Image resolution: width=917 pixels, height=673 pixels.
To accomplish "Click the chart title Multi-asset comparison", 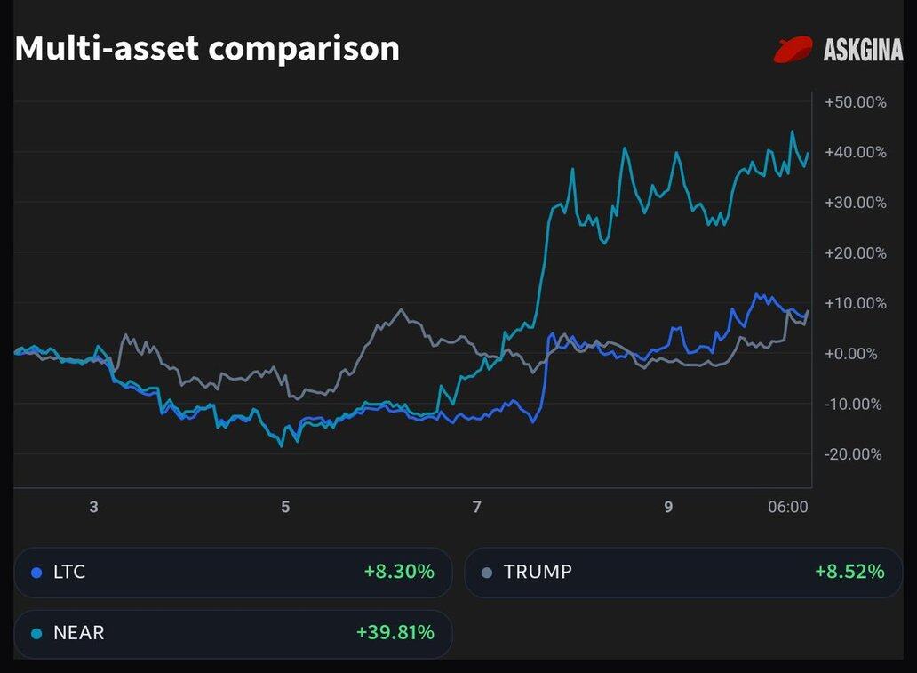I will point(207,48).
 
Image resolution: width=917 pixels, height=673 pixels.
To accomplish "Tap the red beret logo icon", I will point(793,50).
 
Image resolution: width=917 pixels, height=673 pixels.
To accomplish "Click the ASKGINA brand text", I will point(863,51).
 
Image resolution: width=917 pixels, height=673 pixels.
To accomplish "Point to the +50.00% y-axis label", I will point(856,102).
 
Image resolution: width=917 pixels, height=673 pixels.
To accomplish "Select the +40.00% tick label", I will point(856,152).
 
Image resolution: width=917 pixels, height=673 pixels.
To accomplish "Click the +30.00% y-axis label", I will point(856,203).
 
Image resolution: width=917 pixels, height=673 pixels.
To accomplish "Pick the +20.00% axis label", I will point(856,253).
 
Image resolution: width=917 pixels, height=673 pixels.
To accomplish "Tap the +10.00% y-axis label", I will point(856,303).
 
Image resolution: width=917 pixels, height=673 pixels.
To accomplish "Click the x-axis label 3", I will point(93,508).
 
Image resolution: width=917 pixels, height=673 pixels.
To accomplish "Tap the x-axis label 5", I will point(285,508).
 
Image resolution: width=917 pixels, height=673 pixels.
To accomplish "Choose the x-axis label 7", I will point(477,508).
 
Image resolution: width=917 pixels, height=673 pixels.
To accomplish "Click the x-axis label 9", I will point(668,508).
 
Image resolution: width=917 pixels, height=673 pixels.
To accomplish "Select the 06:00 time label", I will point(787,508).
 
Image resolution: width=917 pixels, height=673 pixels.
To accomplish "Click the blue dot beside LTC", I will point(36,573).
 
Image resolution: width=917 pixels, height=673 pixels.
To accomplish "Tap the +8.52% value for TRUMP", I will point(849,572).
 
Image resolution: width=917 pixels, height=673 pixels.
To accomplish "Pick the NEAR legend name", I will point(78,633).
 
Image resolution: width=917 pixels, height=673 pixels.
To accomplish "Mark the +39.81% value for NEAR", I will point(395,633).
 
